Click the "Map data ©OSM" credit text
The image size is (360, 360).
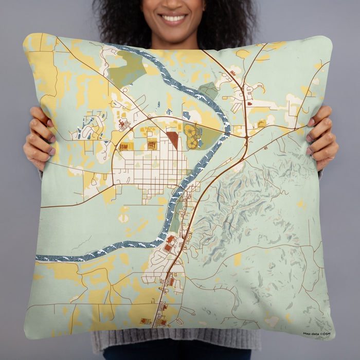317,333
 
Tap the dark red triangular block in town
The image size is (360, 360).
173,139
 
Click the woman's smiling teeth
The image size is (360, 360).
173,19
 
